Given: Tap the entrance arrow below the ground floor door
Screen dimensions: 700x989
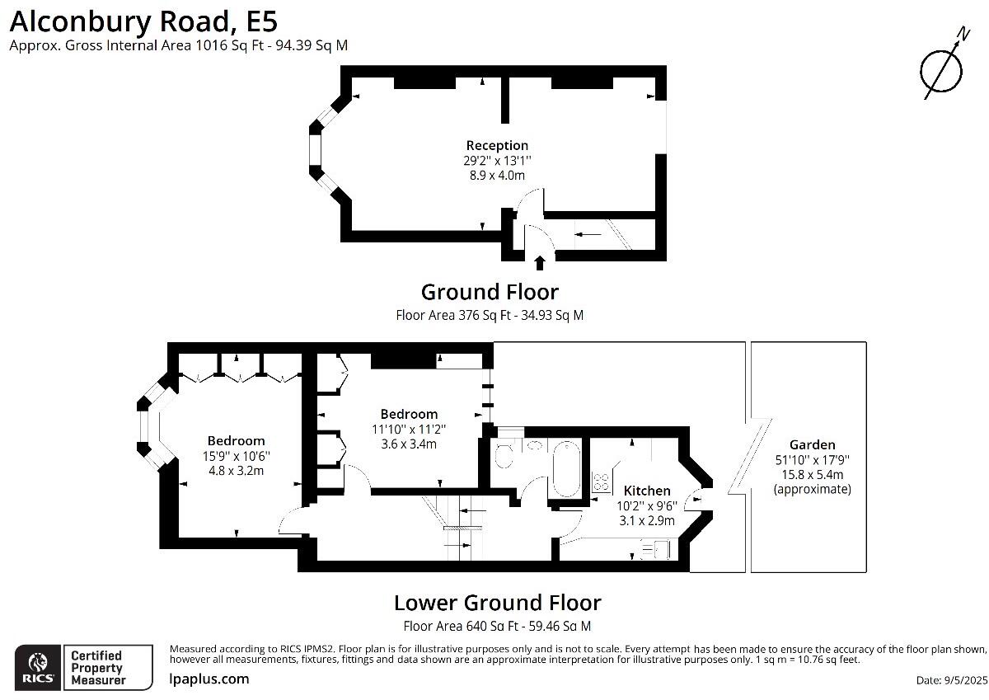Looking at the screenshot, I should pyautogui.click(x=540, y=263).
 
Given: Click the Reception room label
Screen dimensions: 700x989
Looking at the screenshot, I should pyautogui.click(x=497, y=146).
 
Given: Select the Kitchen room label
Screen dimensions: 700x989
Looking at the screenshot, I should pyautogui.click(x=646, y=491).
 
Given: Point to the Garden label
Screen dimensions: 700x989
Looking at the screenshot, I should pyautogui.click(x=812, y=444).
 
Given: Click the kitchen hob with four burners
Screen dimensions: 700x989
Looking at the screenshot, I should pyautogui.click(x=600, y=481).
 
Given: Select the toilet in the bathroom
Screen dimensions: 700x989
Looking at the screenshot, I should pyautogui.click(x=503, y=454).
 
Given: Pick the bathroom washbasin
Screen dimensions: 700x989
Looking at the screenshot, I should pyautogui.click(x=536, y=446).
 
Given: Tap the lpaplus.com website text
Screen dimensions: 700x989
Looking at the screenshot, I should pyautogui.click(x=209, y=679).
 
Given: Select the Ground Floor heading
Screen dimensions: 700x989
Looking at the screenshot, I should pyautogui.click(x=490, y=292).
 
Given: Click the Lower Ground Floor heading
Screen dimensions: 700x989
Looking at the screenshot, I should pyautogui.click(x=497, y=602).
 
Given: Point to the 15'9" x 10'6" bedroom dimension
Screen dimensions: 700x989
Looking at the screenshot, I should pyautogui.click(x=236, y=456).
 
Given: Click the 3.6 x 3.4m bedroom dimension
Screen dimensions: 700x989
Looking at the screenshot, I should pyautogui.click(x=409, y=444).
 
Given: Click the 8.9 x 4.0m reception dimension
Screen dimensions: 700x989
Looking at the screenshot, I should pyautogui.click(x=497, y=175).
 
